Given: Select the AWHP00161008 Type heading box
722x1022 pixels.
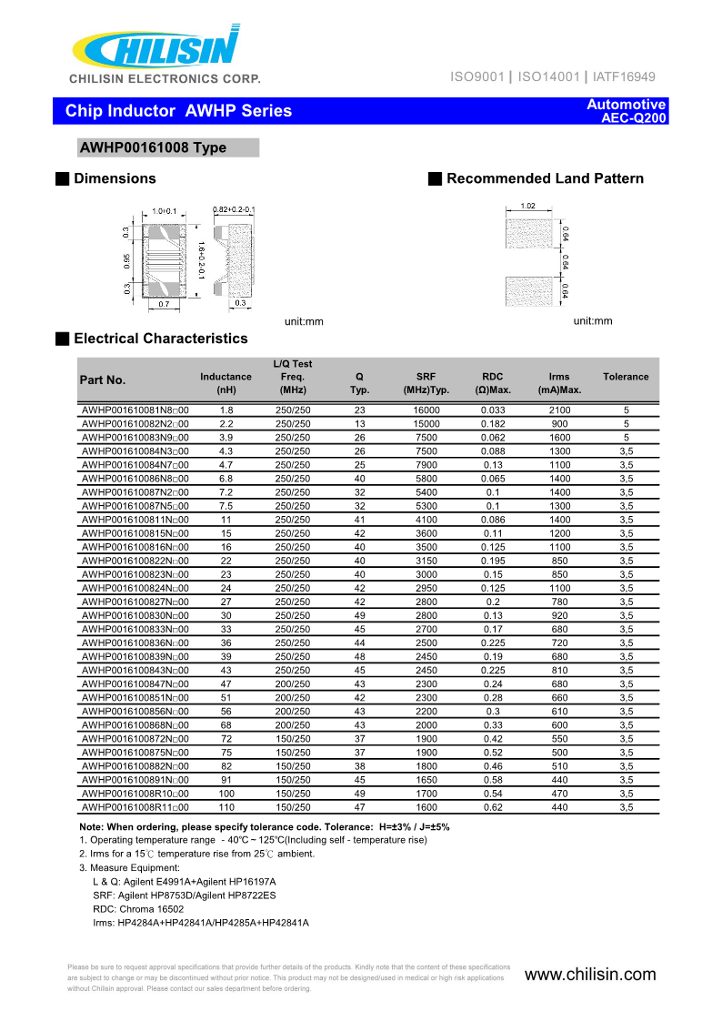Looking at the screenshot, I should point(168,148).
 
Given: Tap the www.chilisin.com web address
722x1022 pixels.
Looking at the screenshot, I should point(590,975).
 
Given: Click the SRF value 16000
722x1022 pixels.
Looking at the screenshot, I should point(426,410).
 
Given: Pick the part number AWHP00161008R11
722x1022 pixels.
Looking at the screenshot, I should point(135,806).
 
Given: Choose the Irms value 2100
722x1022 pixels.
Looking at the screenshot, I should point(559,410).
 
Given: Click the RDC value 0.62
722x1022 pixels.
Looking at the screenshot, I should point(492,806).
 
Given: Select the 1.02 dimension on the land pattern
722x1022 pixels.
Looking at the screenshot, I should point(527,206).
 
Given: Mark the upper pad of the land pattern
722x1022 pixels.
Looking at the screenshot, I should point(528,235).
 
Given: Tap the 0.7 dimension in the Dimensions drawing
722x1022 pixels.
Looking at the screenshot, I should point(164,304).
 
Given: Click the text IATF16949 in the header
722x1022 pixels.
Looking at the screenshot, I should point(623,77).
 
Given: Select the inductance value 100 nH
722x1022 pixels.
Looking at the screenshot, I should point(226,793).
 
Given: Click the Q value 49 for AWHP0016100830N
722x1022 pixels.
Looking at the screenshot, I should point(359,615).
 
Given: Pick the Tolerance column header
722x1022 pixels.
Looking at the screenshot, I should point(626,377).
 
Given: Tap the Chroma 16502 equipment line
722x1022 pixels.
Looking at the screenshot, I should point(138,908).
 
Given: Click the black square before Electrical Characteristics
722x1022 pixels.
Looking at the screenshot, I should point(62,339).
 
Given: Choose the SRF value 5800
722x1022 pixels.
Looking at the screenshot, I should point(426,479).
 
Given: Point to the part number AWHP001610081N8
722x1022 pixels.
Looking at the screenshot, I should point(135,410).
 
